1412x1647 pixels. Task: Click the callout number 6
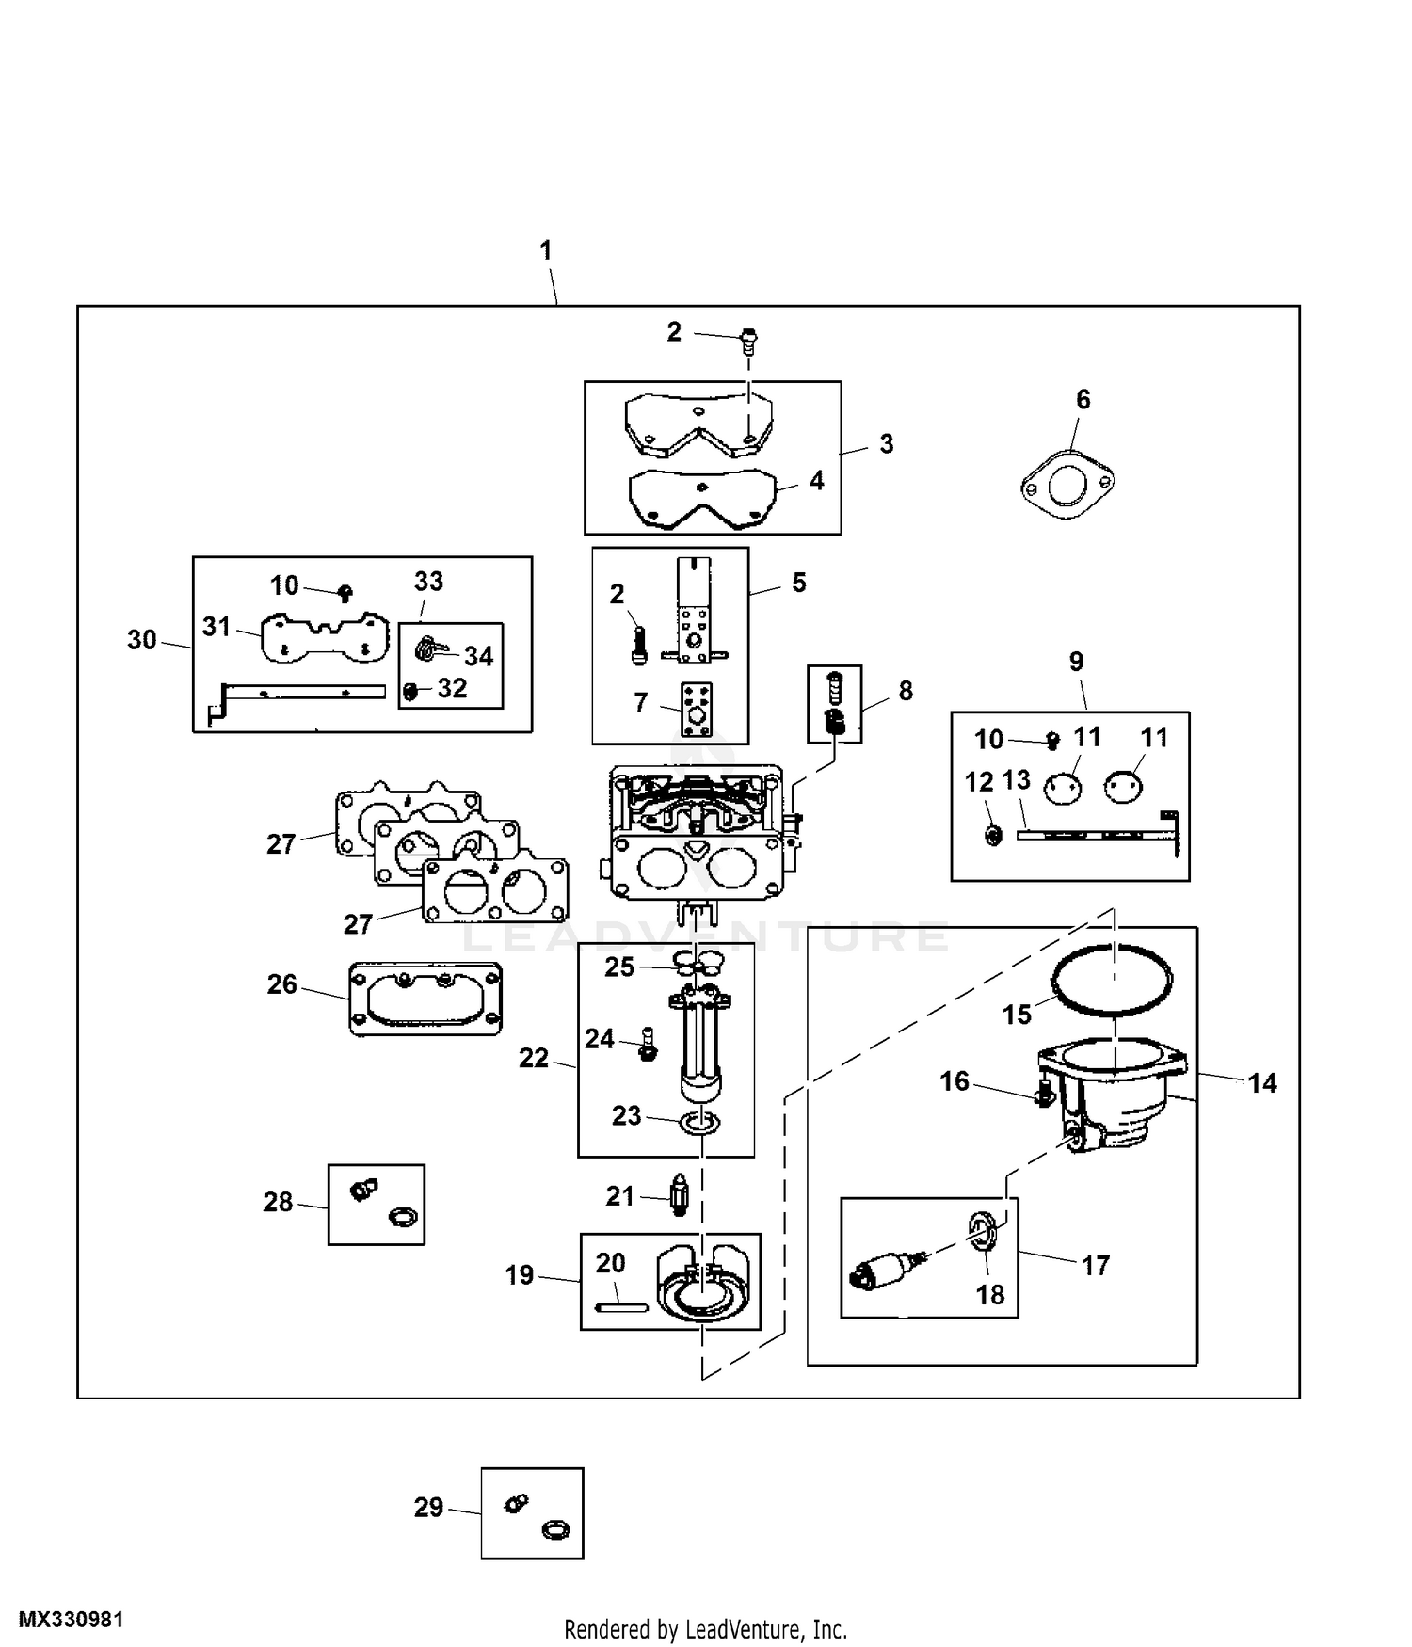(x=1083, y=400)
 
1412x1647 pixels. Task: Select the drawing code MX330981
(x=71, y=1620)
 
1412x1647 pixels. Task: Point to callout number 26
(x=282, y=984)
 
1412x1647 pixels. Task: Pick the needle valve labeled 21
(x=680, y=1195)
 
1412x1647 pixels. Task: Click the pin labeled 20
(x=620, y=1305)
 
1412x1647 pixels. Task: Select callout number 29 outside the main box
(x=428, y=1508)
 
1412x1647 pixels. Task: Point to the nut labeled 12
(x=992, y=834)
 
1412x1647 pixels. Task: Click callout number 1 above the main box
(x=545, y=251)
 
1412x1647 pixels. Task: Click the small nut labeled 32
(x=409, y=692)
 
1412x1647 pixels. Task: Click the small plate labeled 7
(x=696, y=710)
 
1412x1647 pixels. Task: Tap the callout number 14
(x=1262, y=1083)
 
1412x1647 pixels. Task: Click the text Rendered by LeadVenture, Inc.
(x=706, y=1629)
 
